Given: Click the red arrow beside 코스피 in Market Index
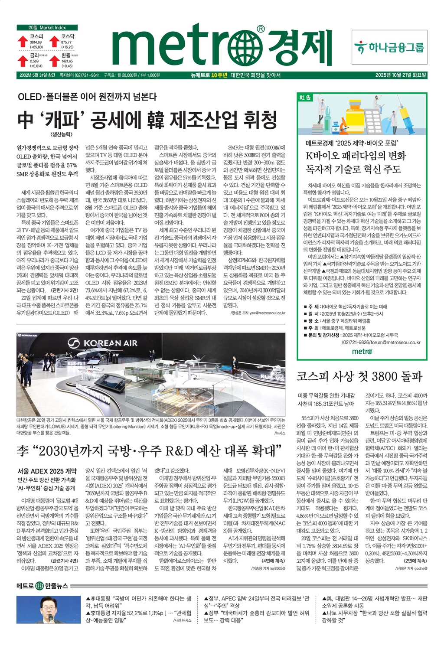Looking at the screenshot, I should coord(23,42).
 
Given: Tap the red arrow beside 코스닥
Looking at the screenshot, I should coord(54,42).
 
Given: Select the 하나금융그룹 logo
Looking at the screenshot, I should coord(389,47).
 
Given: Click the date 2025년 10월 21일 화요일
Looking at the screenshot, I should coord(401,75).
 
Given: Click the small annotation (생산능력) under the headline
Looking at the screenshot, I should coord(64,134).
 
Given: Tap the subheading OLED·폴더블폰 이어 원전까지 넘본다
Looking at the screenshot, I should coord(87,97).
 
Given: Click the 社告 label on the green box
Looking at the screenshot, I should coord(305,98).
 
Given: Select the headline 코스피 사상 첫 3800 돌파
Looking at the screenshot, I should coord(359,376).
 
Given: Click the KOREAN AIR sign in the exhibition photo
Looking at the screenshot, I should coord(104,343).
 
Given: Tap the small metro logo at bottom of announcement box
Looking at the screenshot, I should coord(362,351).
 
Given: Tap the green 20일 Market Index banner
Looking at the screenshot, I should coord(47,27).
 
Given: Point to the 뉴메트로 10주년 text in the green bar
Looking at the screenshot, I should coord(209,75).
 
